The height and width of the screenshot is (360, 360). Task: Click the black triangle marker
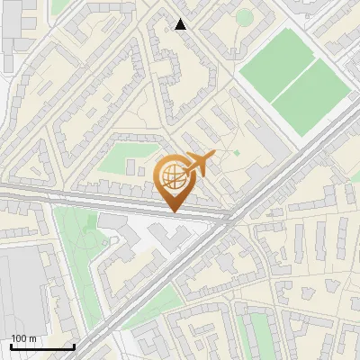pyautogui.click(x=181, y=24)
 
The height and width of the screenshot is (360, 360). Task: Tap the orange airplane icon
pyautogui.click(x=199, y=164)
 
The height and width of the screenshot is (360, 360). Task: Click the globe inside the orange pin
pyautogui.click(x=175, y=178)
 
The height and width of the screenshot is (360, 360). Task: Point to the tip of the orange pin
pyautogui.click(x=175, y=211)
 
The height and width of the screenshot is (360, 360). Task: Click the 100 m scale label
pyautogui.click(x=24, y=338)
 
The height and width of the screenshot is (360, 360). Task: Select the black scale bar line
pyautogui.click(x=41, y=347)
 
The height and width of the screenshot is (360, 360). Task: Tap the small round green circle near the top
pyautogui.click(x=244, y=17)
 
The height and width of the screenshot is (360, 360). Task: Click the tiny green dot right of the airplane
pyautogui.click(x=237, y=154)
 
